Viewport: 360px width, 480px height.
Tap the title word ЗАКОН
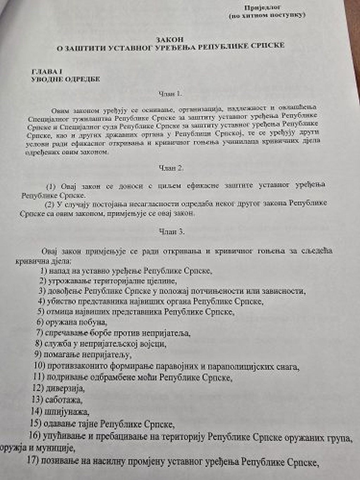click(171, 39)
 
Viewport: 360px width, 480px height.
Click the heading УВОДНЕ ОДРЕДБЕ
click(65, 79)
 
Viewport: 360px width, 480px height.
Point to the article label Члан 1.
click(170, 94)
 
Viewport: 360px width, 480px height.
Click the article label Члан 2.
click(171, 168)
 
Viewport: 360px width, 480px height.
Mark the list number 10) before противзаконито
click(39, 365)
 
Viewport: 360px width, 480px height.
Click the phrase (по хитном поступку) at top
click(267, 15)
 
